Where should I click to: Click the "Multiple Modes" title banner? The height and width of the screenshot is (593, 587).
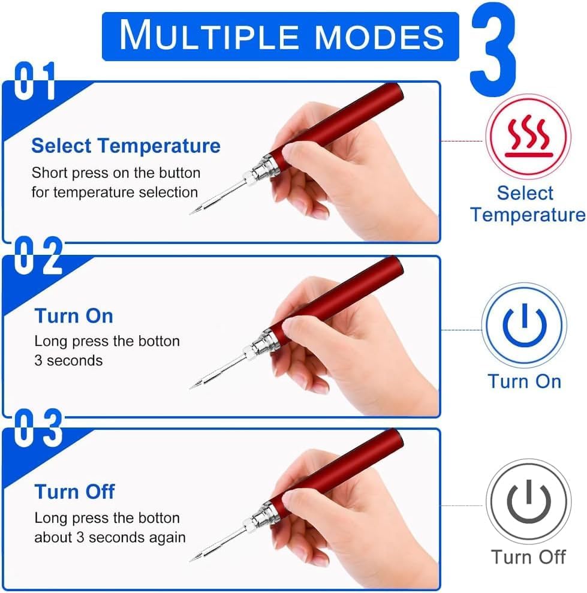click(x=280, y=37)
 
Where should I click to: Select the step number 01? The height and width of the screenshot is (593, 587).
click(x=35, y=80)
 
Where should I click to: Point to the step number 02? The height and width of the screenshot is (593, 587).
click(x=38, y=255)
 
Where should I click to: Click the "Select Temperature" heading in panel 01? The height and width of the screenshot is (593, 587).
click(x=126, y=146)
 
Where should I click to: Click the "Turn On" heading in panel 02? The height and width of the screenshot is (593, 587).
click(x=74, y=316)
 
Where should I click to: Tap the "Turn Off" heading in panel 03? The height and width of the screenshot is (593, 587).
click(x=74, y=492)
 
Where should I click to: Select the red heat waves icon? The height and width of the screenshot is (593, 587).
click(x=528, y=137)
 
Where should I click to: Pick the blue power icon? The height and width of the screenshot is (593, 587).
click(x=524, y=326)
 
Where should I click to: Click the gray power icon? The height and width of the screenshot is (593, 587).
click(x=529, y=501)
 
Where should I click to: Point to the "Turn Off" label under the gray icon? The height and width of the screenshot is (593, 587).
click(x=528, y=557)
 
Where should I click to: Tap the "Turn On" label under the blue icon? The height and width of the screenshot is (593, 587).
click(x=524, y=381)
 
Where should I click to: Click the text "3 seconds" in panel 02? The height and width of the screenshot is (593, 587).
click(x=68, y=360)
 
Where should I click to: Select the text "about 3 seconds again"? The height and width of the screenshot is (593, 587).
click(x=110, y=537)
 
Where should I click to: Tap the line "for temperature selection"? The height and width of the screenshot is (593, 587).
click(x=115, y=192)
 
